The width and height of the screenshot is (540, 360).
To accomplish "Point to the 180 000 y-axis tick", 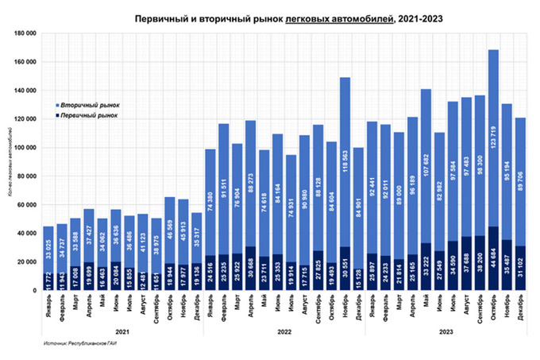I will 26,33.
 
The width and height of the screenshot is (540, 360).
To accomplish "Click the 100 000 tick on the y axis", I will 26,148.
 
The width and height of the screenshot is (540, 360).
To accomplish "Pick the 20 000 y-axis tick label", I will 28,262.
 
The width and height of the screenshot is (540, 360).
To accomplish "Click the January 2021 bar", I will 49,254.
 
